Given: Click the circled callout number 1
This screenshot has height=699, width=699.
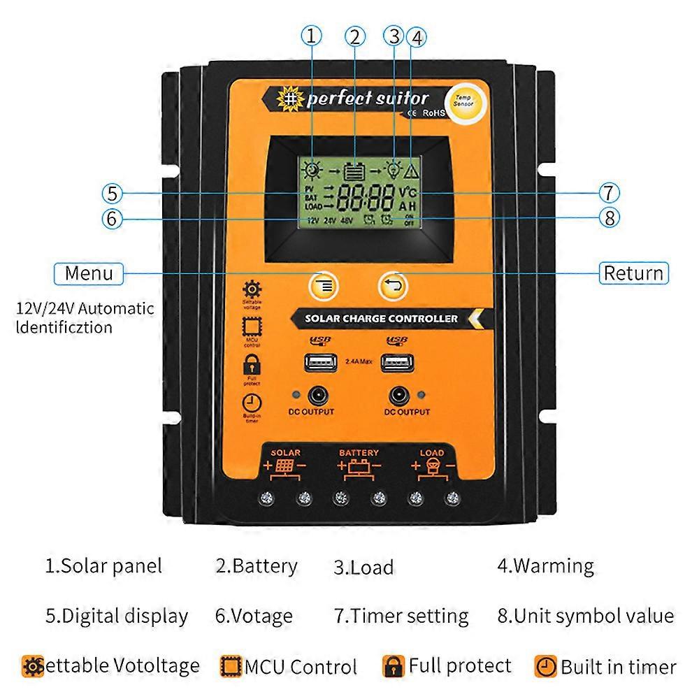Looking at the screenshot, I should point(312,36).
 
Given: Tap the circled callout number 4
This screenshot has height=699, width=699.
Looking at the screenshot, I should point(417,36).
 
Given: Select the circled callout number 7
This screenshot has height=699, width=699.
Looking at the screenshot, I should point(609,192).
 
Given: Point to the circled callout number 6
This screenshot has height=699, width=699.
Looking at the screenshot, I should point(111,218).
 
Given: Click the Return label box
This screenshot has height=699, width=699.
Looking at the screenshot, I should point(633,273).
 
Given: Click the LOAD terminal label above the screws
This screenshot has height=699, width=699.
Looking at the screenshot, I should point(431,453).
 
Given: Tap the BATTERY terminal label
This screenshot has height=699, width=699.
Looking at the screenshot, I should point(359,453).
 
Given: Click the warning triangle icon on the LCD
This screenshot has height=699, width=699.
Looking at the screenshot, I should point(411,169).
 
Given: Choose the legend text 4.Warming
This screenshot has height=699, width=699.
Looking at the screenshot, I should point(545,565).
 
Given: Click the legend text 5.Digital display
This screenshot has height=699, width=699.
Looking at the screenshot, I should point(117,616).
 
